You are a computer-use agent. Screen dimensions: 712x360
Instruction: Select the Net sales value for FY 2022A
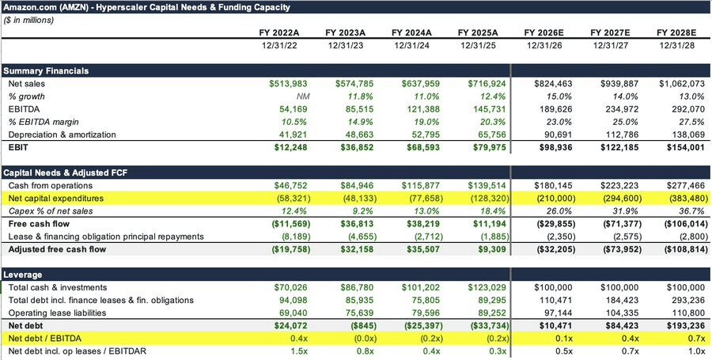tap(288, 84)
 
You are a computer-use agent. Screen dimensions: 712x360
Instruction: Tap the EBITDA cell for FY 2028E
tap(689, 109)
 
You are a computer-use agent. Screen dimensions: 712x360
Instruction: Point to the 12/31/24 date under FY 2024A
tap(412, 46)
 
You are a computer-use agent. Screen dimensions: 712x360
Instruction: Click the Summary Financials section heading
tap(46, 71)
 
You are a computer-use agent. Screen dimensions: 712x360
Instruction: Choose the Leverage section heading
tap(23, 275)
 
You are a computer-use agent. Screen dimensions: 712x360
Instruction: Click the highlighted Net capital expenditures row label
tap(56, 199)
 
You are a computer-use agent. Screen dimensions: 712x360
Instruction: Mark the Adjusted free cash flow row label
tap(57, 249)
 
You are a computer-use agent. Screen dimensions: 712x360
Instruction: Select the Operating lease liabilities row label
tap(57, 313)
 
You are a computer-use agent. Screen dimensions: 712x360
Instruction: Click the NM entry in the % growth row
tap(301, 97)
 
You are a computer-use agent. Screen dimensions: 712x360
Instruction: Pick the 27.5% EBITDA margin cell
tap(692, 122)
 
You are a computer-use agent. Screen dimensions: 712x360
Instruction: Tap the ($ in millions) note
tap(28, 21)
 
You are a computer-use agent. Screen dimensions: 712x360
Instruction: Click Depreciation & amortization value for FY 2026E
tap(559, 135)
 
